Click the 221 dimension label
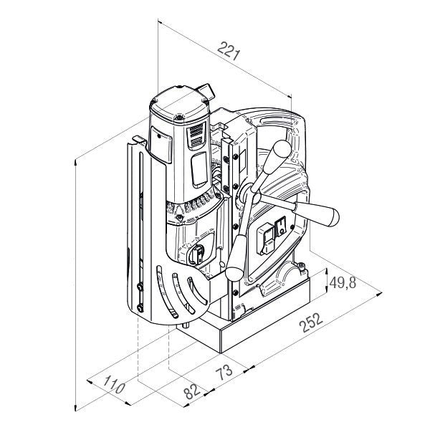(229, 51)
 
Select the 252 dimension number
(311, 322)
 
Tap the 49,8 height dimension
(343, 282)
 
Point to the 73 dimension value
(224, 372)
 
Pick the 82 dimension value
(192, 391)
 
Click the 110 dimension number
(114, 384)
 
